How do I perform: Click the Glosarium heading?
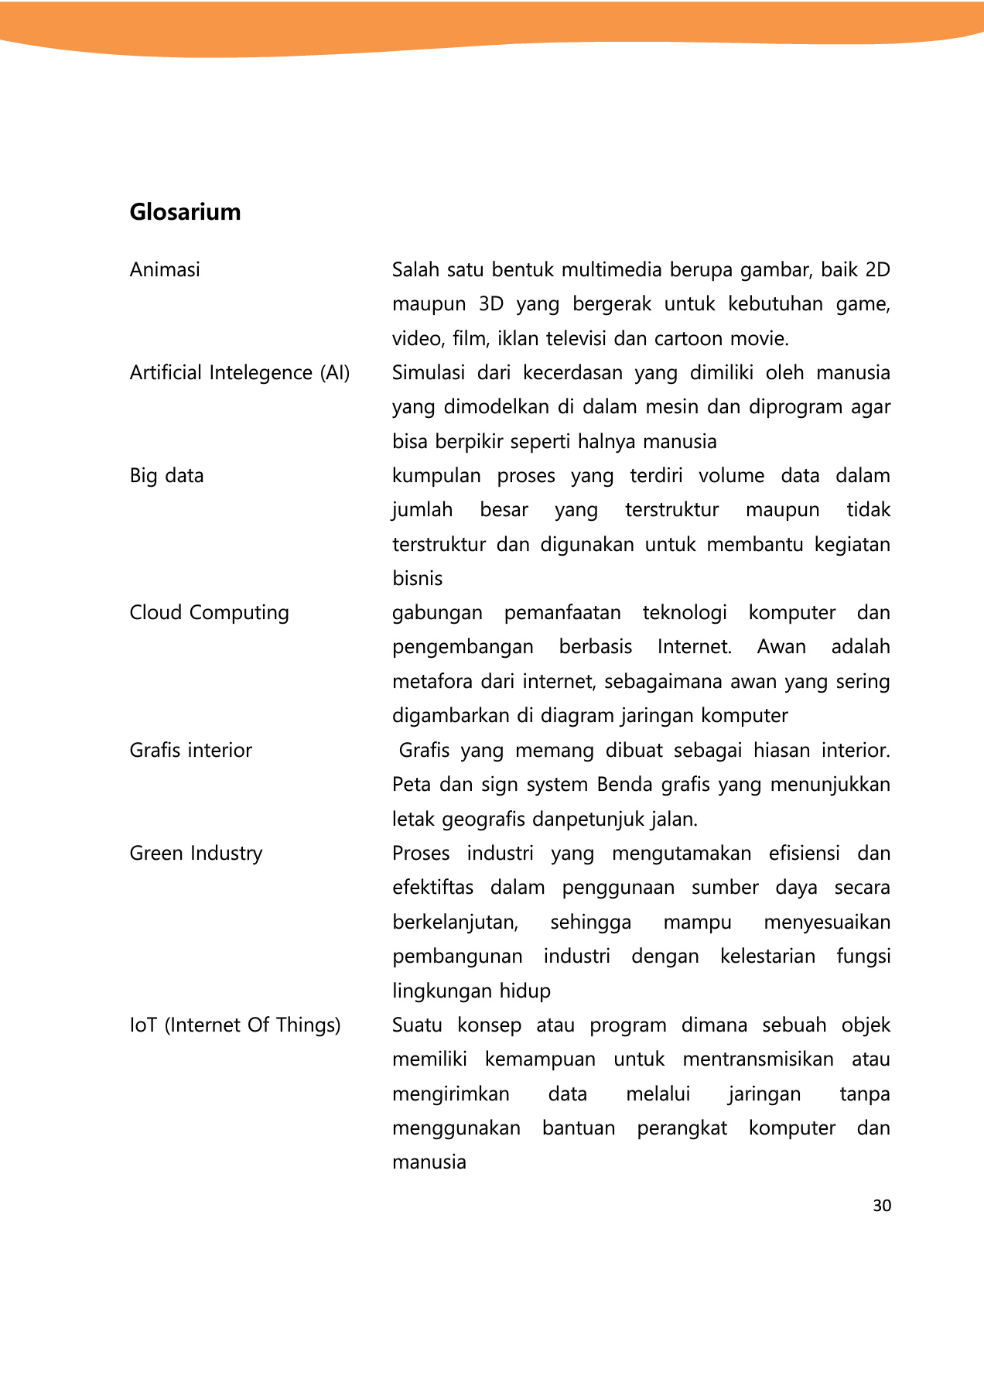coord(185,212)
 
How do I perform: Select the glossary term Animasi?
coord(165,270)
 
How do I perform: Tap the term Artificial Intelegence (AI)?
coord(240,373)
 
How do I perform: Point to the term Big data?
coord(166,476)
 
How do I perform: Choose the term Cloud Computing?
coord(209,613)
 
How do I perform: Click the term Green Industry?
coord(196,854)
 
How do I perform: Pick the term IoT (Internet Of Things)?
coord(235,1025)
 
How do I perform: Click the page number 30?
coord(882,1206)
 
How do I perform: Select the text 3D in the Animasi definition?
coord(491,304)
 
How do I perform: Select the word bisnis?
coord(418,579)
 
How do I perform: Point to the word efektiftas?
coord(433,888)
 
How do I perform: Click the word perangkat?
coord(682,1128)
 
